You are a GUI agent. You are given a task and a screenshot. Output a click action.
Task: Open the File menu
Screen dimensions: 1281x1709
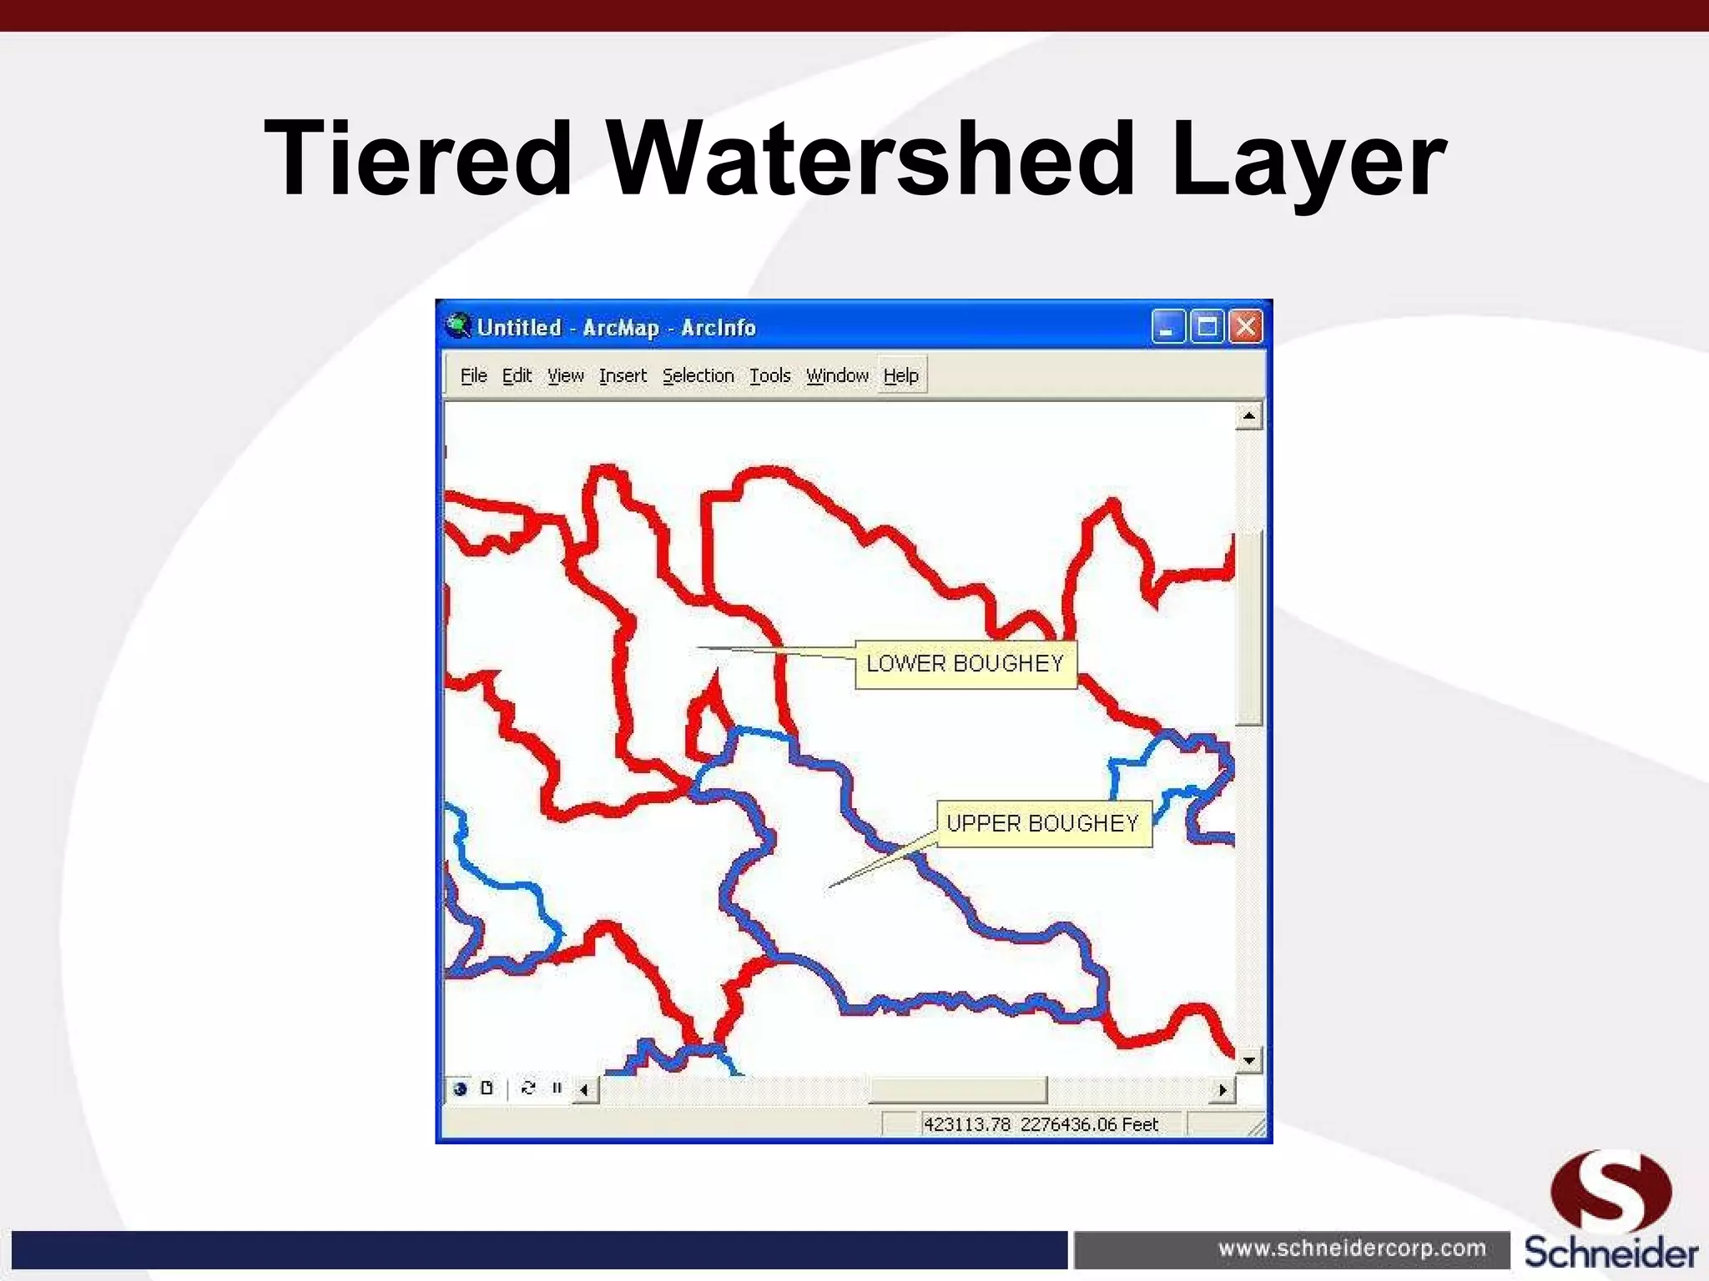pos(473,376)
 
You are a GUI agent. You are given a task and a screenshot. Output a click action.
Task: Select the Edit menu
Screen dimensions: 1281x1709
pos(517,376)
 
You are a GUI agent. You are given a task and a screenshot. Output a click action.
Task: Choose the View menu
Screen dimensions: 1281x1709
pos(565,376)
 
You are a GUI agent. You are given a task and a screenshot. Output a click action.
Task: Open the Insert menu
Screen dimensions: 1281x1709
pos(623,376)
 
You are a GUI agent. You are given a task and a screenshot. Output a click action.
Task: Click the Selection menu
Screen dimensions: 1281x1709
pos(698,376)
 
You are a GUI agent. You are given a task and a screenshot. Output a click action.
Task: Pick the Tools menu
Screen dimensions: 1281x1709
pos(769,376)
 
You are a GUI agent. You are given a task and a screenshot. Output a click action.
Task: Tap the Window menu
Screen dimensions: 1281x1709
pos(837,376)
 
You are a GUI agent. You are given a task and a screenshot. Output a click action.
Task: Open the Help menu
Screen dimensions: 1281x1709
pos(901,376)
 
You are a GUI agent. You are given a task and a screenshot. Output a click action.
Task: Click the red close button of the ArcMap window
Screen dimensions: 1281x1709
pos(1246,327)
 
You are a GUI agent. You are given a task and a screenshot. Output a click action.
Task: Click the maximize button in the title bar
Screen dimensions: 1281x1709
pos(1207,327)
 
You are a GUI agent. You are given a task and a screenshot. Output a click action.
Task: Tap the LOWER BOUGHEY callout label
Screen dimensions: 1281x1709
pos(965,664)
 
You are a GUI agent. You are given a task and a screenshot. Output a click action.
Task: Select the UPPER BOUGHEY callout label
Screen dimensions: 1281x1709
pos(1043,824)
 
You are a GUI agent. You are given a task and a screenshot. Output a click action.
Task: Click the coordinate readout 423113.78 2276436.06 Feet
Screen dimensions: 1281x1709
pos(1041,1124)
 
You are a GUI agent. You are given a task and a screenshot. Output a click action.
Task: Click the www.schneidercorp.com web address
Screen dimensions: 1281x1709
pos(1352,1248)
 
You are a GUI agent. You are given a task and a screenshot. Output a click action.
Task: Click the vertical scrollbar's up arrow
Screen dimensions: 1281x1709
pos(1248,415)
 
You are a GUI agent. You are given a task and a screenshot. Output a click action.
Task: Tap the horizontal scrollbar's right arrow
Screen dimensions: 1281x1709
pos(1223,1089)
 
